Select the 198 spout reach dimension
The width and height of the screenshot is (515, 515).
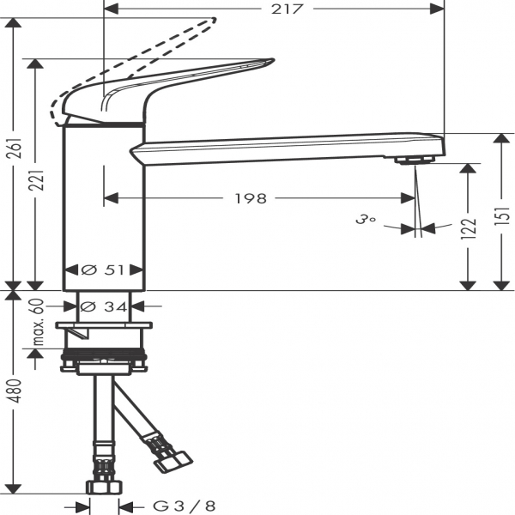coord(251,198)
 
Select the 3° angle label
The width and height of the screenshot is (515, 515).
coord(367,219)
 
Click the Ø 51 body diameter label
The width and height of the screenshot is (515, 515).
coord(104,270)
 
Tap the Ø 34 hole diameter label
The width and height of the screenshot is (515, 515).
coord(104,306)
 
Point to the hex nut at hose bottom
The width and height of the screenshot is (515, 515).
coord(103,486)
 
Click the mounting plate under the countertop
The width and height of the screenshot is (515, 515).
coord(104,326)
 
